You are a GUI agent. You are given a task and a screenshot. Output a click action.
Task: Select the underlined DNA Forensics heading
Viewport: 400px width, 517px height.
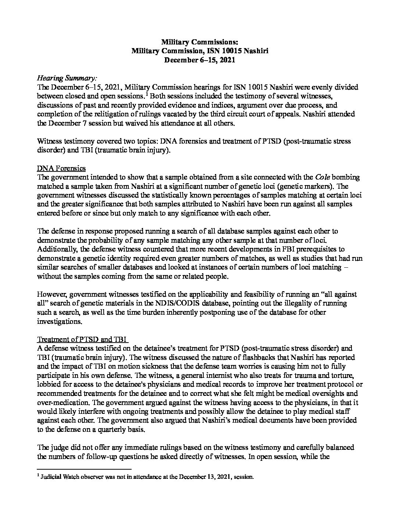click(x=61, y=168)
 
